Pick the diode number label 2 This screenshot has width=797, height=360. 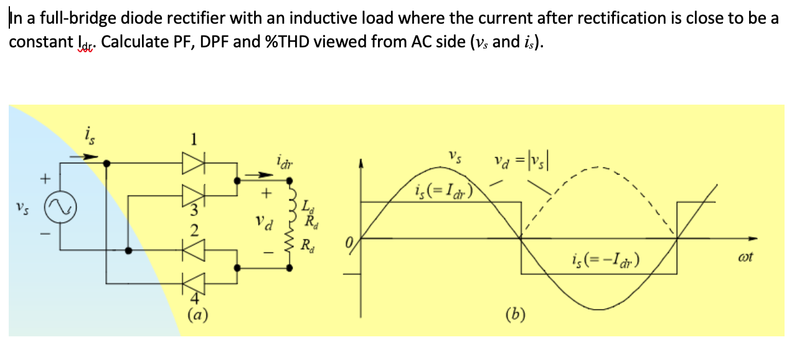tap(194, 232)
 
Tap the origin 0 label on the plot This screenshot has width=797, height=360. tap(351, 240)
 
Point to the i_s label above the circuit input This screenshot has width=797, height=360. tap(90, 134)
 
